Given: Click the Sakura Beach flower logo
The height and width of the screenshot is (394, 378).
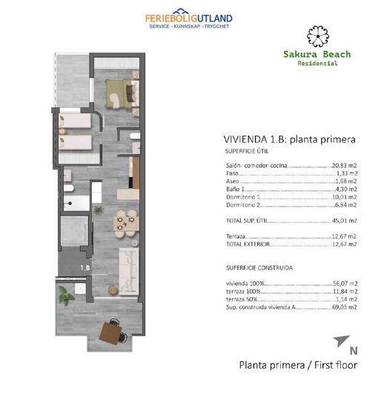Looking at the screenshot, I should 316,35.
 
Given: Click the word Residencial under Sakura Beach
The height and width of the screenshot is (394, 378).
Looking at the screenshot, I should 316,64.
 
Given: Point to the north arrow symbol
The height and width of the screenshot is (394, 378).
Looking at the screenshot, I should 341,341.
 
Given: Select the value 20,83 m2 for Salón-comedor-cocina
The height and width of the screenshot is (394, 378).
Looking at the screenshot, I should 344,167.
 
